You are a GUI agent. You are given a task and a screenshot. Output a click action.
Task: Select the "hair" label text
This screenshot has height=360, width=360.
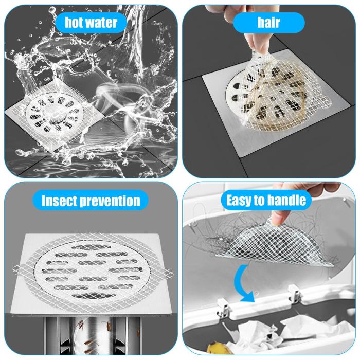pos(268,22)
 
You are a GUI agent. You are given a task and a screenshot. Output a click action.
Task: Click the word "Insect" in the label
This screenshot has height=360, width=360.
pos(59,201)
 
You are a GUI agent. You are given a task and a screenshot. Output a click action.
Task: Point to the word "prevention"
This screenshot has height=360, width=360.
pos(110,201)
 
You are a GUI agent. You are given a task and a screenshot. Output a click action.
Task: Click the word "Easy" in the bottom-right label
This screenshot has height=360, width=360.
pos(238,200)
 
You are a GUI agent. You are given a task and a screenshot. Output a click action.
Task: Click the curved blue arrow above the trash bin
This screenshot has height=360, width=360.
pos(241,285)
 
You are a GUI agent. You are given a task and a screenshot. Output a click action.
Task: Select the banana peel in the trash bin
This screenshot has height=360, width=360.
pos(217,348)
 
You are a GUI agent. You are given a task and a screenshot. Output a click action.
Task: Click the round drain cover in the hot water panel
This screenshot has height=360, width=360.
pos(55,114)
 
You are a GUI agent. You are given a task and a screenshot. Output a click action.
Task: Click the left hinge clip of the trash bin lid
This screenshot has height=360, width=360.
pos(223,308)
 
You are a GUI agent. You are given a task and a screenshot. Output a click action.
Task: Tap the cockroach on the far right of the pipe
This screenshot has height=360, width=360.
pos(138,333)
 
